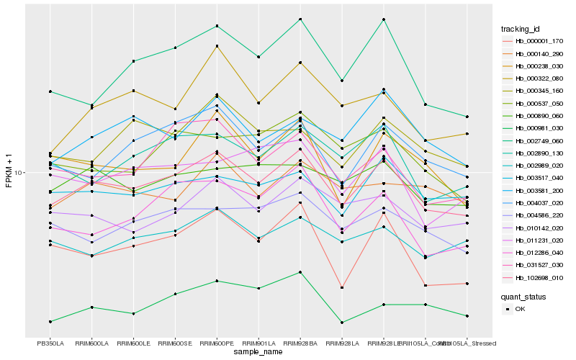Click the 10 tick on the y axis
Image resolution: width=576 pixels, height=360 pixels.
point(19,173)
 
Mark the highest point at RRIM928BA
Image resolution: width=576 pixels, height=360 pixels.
point(300,19)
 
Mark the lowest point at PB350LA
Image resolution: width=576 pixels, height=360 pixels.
point(50,321)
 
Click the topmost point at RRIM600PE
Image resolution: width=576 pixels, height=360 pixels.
point(217,26)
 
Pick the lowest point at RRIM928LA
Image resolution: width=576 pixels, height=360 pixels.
point(342,323)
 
